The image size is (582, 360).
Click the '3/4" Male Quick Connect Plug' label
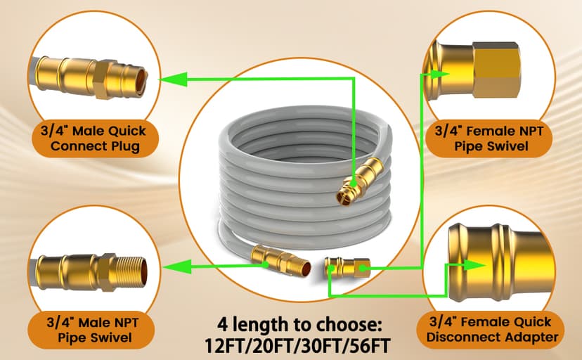[x=89, y=138]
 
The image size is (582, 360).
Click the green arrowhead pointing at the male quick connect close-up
[x=167, y=80]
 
